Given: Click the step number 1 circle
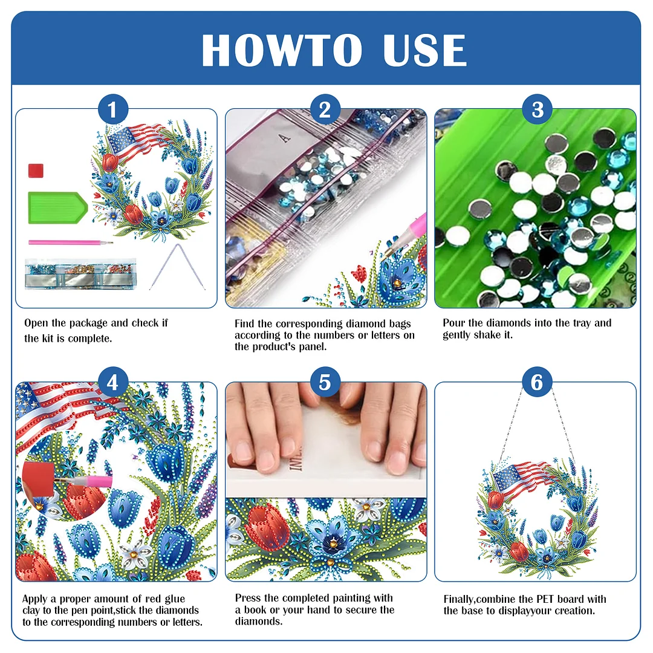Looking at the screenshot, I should tap(113, 111).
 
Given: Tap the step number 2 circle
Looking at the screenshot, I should tap(325, 111).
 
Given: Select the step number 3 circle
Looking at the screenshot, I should tap(538, 111).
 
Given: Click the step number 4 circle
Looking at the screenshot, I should tap(113, 383).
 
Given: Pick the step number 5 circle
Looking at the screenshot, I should tap(325, 383).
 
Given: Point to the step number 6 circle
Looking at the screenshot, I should tap(538, 383).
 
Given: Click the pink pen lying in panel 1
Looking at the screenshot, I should tap(70, 243).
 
